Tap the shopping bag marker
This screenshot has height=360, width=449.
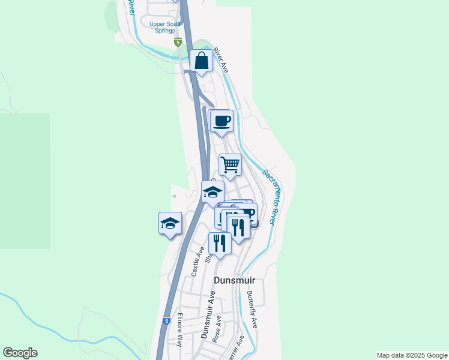pos(201,61)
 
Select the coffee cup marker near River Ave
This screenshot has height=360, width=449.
pos(221,121)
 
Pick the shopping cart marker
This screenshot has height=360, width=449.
pos(230,164)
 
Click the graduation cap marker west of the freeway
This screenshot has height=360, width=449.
pos(170,223)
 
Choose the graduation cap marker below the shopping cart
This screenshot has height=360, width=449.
pos(212,193)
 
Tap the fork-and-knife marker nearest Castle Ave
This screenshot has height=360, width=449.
pos(219,244)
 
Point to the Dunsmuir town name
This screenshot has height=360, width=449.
pos(235,280)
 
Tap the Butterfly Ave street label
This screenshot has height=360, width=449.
pos(252,310)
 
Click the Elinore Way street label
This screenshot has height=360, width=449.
pos(179,330)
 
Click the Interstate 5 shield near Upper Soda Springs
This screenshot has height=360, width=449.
pos(178,42)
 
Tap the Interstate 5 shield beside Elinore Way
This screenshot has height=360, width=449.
pos(166,321)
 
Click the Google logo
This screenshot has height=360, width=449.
pos(20,353)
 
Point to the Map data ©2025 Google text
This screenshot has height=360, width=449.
pos(412,355)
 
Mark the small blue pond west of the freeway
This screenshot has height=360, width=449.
pos(175,196)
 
